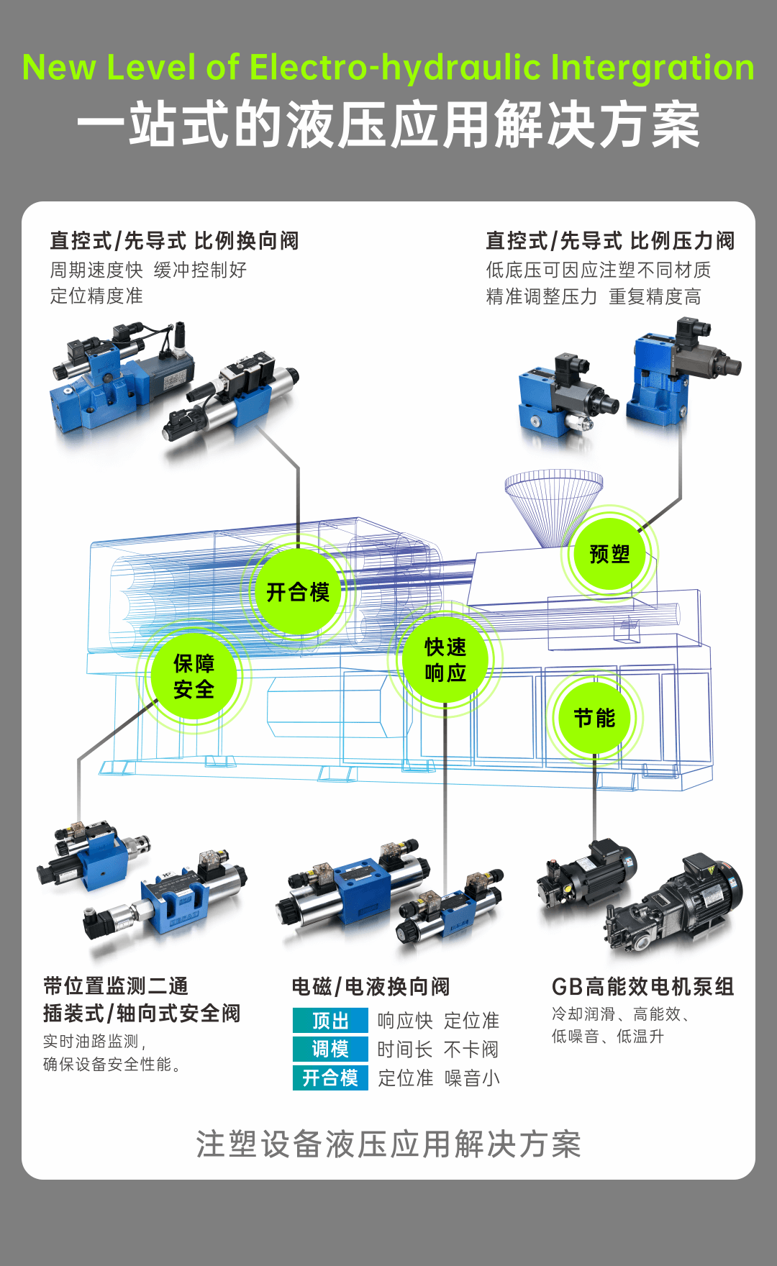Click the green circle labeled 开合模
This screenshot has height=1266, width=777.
[x=298, y=591]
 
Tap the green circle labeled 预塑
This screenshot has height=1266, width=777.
[x=609, y=554]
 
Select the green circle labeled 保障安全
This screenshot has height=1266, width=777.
[x=194, y=676]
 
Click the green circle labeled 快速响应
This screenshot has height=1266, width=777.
[x=445, y=660]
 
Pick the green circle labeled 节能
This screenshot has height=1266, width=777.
[x=594, y=718]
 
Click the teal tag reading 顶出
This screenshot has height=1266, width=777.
[x=330, y=1021]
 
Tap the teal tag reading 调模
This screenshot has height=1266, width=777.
[x=330, y=1049]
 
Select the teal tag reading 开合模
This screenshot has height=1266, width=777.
[x=330, y=1078]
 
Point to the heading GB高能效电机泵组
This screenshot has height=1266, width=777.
[x=642, y=986]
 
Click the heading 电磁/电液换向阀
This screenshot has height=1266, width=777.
[x=371, y=986]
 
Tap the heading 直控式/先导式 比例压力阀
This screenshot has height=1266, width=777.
[x=610, y=241]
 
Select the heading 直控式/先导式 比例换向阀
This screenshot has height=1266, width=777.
[x=174, y=241]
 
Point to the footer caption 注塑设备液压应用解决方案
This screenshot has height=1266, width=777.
[x=388, y=1144]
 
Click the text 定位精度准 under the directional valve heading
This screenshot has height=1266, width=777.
[x=96, y=296]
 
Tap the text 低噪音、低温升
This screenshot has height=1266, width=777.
[x=607, y=1037]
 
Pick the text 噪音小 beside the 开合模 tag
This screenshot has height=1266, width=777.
[x=472, y=1078]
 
